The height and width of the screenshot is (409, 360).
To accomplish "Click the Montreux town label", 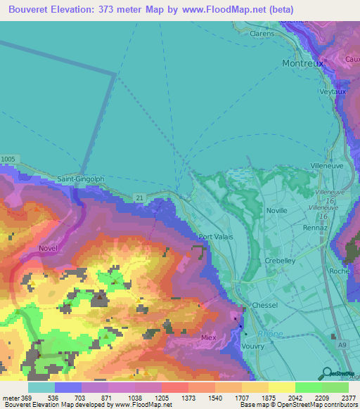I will [x=302, y=63].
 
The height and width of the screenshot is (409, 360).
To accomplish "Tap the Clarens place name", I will [x=262, y=33].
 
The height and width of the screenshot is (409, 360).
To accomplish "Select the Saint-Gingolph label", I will [x=80, y=178].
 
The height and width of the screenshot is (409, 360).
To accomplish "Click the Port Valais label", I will [x=215, y=237].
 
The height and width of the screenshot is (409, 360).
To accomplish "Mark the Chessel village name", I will [x=265, y=305].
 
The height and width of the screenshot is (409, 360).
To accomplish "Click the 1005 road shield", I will [x=8, y=160].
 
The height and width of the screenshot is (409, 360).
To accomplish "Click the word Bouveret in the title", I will [x=32, y=9].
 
